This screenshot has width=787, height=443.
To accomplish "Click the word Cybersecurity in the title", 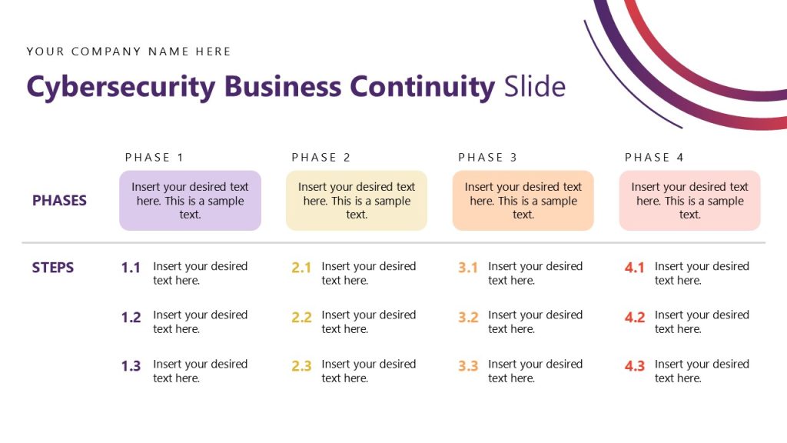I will click(x=121, y=87).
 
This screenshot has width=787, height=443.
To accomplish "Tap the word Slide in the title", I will click(x=535, y=86).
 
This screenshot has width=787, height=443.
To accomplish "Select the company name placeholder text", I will click(x=128, y=52).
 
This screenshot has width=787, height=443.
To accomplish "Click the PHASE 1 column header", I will click(x=154, y=158).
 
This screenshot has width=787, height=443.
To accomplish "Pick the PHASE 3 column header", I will click(x=488, y=158).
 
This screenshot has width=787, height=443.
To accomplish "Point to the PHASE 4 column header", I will click(x=654, y=158).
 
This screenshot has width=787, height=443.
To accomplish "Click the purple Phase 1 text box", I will click(x=190, y=201).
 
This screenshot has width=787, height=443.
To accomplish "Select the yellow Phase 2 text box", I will click(x=357, y=201).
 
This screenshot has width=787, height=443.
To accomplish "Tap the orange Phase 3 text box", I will click(x=523, y=201).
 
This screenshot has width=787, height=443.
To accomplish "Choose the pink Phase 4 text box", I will click(x=689, y=201).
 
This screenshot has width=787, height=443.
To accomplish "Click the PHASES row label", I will click(x=59, y=201).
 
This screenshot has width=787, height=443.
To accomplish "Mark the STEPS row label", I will click(x=53, y=268).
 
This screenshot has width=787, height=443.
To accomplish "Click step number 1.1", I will click(x=131, y=268).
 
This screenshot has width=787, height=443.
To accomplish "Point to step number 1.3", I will click(x=131, y=366).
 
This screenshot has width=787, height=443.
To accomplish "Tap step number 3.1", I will click(x=468, y=268).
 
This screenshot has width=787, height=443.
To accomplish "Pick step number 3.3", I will click(x=468, y=366).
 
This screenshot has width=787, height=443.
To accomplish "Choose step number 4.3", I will click(x=635, y=366).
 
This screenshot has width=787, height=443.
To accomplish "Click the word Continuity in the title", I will click(x=422, y=86).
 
